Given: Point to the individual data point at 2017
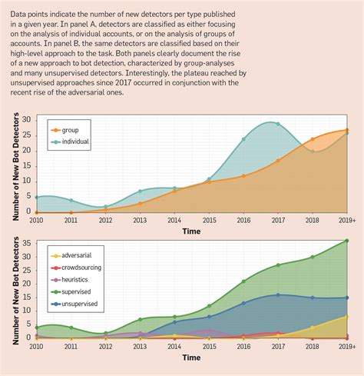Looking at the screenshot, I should click(x=278, y=124).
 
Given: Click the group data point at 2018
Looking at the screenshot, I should click(x=312, y=139).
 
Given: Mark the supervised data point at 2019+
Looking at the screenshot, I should click(x=346, y=241).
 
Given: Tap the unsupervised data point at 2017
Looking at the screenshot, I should click(x=278, y=294).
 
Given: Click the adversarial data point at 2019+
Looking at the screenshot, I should click(x=346, y=316).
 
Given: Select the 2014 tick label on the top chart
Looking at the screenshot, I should click(x=174, y=221).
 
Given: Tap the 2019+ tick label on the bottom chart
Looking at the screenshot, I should click(x=346, y=347).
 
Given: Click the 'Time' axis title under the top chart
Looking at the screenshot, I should click(x=191, y=231).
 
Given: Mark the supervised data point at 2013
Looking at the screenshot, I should click(x=141, y=319).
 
